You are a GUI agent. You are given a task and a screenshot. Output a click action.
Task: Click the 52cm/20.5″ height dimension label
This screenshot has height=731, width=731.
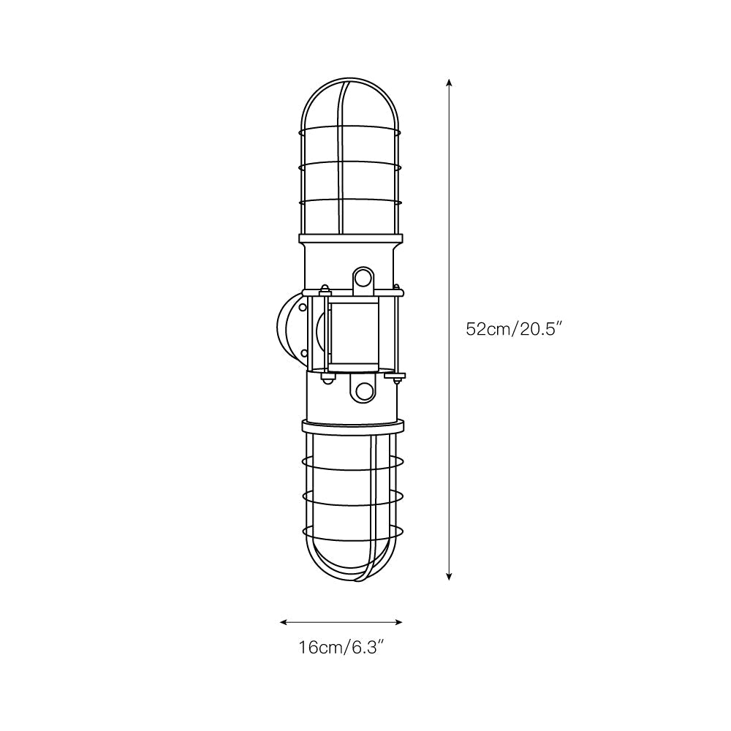[x=512, y=330]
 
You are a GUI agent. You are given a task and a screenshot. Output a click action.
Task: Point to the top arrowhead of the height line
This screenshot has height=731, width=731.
[x=449, y=83]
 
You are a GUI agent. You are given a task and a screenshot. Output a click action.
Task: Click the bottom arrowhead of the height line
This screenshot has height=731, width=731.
[x=449, y=576]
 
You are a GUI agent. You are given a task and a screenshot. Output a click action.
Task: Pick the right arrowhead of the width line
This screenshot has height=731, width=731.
[x=398, y=622]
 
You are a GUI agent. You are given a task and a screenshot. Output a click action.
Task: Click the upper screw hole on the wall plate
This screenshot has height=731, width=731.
[x=303, y=308]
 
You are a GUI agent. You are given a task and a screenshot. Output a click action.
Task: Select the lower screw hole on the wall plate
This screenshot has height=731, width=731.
[x=303, y=352]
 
